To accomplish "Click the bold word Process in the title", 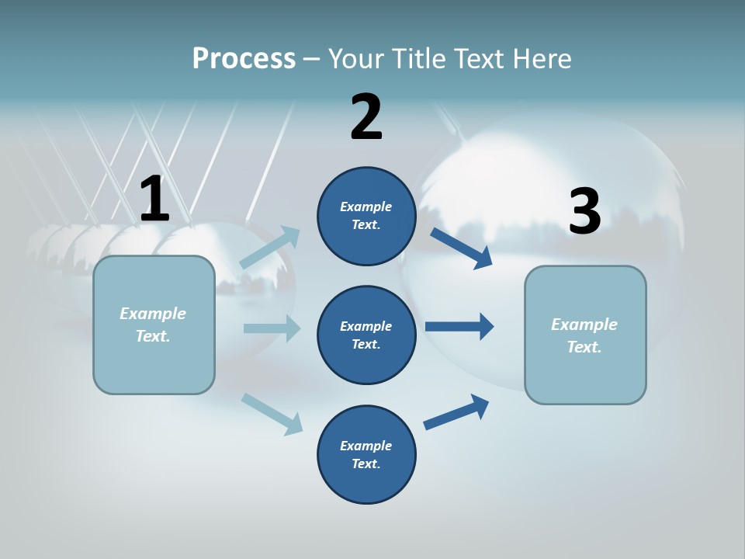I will pos(244,58).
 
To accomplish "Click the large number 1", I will pos(154,200).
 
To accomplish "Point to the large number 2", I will pos(366,117).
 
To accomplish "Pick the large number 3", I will pos(584,212).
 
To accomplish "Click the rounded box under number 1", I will pos(154,325).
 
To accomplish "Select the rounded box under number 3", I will pos(585,335).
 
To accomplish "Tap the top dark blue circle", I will pos(366,216).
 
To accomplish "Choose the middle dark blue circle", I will pos(366,335).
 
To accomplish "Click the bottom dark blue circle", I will pos(366,454).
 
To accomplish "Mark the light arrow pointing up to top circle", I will pos(270,248).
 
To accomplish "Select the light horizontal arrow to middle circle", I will pos(272,328).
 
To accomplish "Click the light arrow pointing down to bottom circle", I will pos(272,414).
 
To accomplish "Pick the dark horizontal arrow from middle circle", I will pos(459,326).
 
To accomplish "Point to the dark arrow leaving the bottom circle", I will pos(456,412).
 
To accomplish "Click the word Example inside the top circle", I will pos(366,207).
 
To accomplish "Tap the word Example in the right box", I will pos(584,325).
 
